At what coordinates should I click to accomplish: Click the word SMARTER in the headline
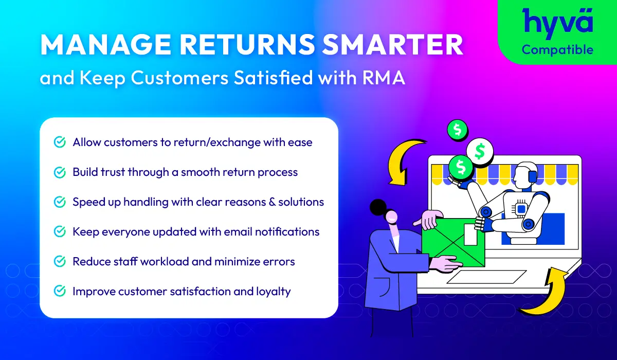tap(392, 45)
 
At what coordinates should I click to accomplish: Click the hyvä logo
tap(557, 23)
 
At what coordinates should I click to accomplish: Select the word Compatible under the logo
tap(557, 50)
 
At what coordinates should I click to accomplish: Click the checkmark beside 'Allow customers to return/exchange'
tap(60, 142)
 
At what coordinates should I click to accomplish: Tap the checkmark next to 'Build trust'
tap(60, 172)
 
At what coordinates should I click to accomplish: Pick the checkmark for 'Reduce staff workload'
tap(60, 261)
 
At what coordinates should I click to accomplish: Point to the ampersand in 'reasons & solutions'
tap(272, 202)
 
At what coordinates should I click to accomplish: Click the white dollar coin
tap(480, 152)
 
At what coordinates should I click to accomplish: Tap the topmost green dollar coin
tap(457, 130)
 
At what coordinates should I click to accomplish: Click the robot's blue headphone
tap(533, 176)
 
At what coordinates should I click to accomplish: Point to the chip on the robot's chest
tap(521, 209)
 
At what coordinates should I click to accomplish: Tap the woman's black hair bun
tap(378, 207)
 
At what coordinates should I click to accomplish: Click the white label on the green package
tap(470, 234)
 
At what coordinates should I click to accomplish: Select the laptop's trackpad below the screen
tap(486, 277)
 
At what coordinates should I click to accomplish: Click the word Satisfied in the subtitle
tap(273, 77)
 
